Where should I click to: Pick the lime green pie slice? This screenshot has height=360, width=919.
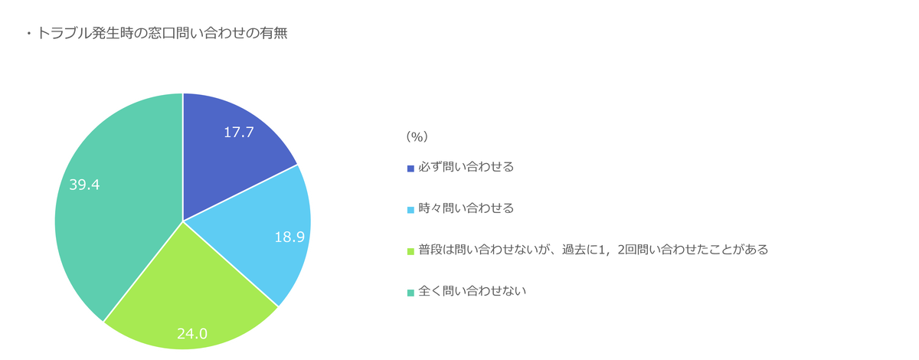click(188, 296)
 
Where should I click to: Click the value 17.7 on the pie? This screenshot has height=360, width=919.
click(239, 133)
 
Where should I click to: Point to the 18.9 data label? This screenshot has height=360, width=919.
click(289, 237)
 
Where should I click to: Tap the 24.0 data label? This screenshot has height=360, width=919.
click(192, 334)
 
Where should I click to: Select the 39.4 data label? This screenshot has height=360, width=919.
click(84, 185)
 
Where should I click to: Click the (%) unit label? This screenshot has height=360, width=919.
click(417, 136)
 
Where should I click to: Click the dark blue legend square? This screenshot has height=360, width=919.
click(410, 169)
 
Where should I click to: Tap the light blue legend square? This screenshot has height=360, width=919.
click(410, 210)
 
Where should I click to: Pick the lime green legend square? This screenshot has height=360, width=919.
click(410, 251)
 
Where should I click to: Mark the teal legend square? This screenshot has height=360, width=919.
click(410, 293)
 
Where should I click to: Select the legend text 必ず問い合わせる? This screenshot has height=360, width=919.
click(466, 167)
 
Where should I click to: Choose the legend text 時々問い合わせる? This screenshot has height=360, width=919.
click(466, 208)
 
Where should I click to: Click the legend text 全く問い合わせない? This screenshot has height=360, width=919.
click(473, 291)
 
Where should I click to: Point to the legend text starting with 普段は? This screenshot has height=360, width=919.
click(594, 250)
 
